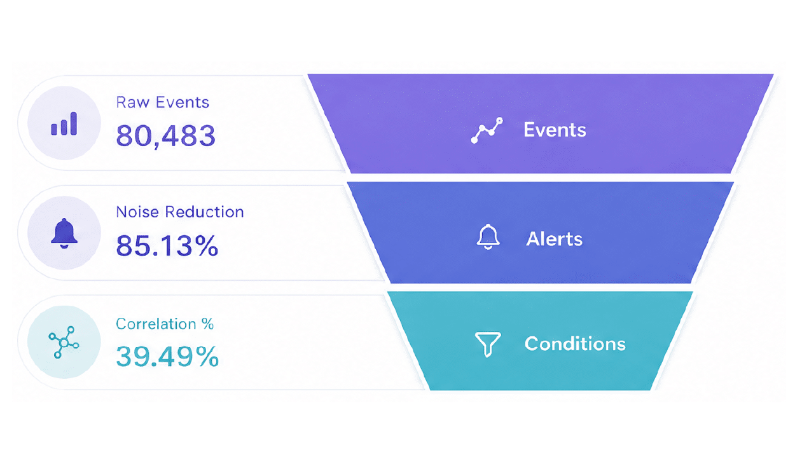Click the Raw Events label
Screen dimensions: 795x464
click(x=163, y=102)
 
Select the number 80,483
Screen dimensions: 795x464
click(x=166, y=136)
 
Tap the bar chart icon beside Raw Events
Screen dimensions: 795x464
click(x=64, y=124)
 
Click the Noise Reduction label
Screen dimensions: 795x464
click(x=180, y=212)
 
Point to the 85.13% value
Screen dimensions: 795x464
click(x=167, y=245)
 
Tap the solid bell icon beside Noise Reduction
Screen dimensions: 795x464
click(x=64, y=233)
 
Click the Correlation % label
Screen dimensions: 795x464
click(x=165, y=324)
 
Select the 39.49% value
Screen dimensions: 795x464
click(x=167, y=356)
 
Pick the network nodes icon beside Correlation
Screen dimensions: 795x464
click(x=64, y=343)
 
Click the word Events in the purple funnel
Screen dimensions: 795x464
click(x=555, y=130)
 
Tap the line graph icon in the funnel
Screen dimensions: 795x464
click(x=487, y=130)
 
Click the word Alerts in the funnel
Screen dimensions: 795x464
click(x=555, y=239)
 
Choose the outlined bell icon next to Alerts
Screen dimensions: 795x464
click(x=488, y=236)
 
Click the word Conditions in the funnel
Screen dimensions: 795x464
click(x=575, y=344)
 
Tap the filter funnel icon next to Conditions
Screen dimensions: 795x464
click(x=488, y=344)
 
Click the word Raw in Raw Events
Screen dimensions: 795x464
click(x=133, y=102)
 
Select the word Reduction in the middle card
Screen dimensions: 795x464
click(x=204, y=212)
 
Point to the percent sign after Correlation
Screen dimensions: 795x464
click(x=207, y=324)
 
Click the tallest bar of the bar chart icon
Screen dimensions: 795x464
click(x=74, y=124)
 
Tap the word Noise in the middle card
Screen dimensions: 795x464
click(x=137, y=212)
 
